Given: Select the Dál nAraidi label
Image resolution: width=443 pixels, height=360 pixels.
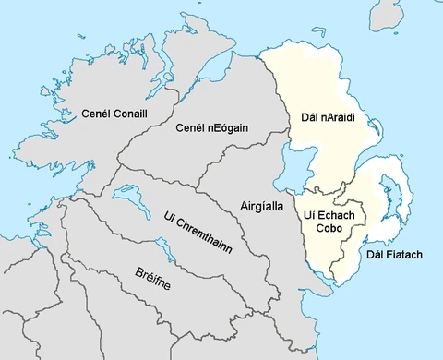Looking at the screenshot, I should pyautogui.click(x=329, y=117).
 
